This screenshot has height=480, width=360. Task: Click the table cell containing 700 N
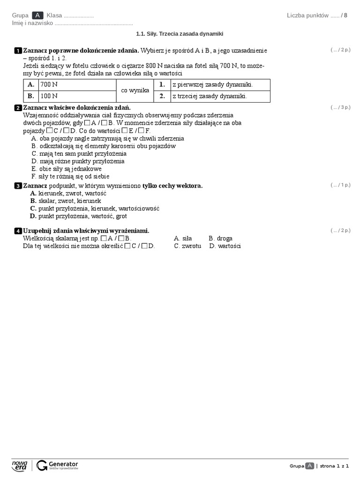77,85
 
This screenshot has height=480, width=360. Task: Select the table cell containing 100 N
77,96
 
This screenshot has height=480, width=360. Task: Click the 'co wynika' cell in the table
135,90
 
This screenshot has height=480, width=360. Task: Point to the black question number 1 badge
18,51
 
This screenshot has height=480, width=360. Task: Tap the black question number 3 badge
18,186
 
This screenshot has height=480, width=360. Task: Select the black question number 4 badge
18,231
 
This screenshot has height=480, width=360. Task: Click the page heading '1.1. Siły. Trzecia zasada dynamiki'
180,34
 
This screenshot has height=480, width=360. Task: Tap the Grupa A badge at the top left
37,15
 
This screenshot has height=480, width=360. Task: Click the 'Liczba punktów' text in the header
307,15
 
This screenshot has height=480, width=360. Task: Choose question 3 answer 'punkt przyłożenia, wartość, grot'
82,216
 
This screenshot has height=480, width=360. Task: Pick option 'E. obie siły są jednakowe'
66,169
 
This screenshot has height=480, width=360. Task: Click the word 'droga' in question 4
225,239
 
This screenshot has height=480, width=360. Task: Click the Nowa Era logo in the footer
20,465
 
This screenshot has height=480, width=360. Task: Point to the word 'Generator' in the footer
63,464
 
